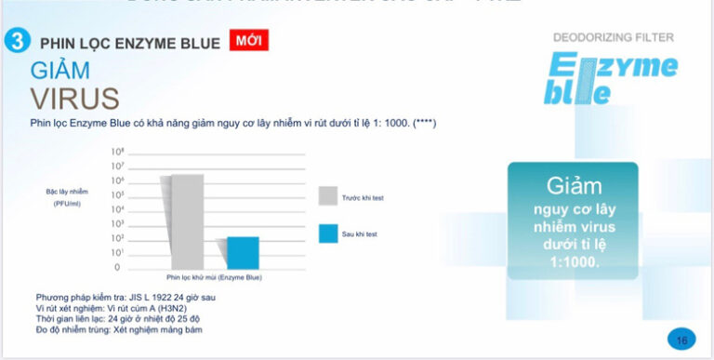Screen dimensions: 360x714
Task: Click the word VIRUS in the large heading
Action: coord(74,98)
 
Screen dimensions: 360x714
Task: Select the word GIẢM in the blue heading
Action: coord(60,70)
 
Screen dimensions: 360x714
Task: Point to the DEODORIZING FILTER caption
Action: coord(613,37)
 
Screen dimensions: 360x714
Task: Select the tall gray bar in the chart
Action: coord(186,220)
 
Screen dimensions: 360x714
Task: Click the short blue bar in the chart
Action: coord(244,252)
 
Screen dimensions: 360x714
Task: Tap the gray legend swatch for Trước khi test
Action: coord(327,195)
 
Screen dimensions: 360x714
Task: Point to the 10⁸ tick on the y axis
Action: coord(118,151)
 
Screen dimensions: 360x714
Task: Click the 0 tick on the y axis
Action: coord(117,268)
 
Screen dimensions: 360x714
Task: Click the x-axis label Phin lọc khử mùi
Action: coord(214,277)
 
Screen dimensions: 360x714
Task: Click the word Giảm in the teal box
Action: coord(573,186)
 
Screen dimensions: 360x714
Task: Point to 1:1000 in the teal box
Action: coord(573,262)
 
